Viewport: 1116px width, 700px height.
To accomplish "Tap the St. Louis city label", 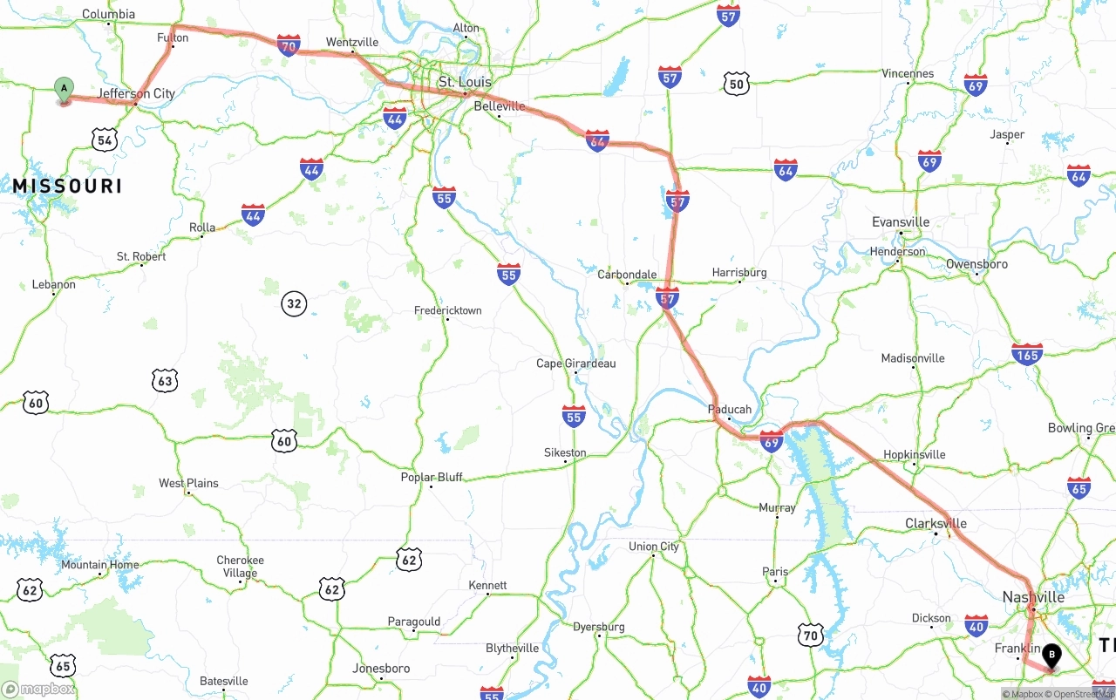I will pyautogui.click(x=465, y=82).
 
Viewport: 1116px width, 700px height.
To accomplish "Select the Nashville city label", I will pyautogui.click(x=1033, y=597).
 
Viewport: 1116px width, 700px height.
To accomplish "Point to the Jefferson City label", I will pyautogui.click(x=136, y=93).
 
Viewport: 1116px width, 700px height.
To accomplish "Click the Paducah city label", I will pyautogui.click(x=730, y=409).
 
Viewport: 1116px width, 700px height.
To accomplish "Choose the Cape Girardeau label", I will pyautogui.click(x=575, y=364).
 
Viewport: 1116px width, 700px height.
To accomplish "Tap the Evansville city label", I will pyautogui.click(x=901, y=222).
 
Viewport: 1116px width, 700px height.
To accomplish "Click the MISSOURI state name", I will pyautogui.click(x=67, y=186).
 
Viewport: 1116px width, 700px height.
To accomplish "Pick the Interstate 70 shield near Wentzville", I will pyautogui.click(x=289, y=45).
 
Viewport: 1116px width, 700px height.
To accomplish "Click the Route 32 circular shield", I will pyautogui.click(x=294, y=304).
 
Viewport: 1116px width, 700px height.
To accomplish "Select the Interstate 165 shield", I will pyautogui.click(x=1027, y=354).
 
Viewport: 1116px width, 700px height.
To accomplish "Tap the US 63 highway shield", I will pyautogui.click(x=164, y=380).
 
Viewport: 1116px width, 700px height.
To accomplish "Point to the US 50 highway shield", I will pyautogui.click(x=737, y=85).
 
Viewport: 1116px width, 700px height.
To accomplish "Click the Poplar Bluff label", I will pyautogui.click(x=432, y=478).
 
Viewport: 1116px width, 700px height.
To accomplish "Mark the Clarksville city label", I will pyautogui.click(x=936, y=524).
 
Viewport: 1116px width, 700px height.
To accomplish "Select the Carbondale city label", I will pyautogui.click(x=627, y=275).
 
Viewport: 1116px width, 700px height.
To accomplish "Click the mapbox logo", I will pyautogui.click(x=38, y=689).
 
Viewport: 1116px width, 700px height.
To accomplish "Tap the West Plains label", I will pyautogui.click(x=188, y=483).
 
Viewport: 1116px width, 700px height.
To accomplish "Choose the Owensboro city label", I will pyautogui.click(x=976, y=264).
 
